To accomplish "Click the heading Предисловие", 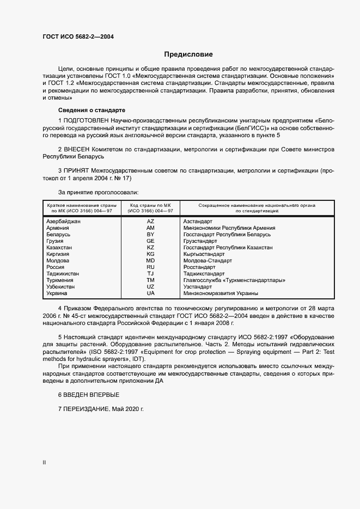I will pos(188,54).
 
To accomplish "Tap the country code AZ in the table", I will pos(150,222).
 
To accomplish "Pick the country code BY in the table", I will pos(150,235).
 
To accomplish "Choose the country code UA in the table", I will pos(150,293).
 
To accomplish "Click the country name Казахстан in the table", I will pos(60,248).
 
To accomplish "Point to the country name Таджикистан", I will pos(63,274).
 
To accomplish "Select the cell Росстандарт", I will pos(199,267).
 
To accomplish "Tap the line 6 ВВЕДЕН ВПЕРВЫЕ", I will pos(88,394).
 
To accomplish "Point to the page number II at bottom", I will pos(44,462).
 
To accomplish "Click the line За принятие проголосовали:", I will pos(98,192).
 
